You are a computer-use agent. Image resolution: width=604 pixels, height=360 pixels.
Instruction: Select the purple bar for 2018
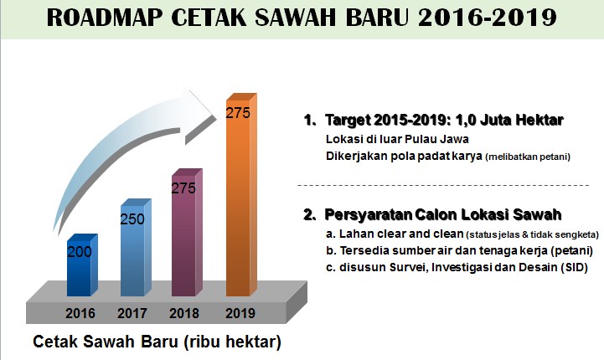click(x=185, y=243)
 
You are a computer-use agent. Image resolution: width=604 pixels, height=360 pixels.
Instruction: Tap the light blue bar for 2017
click(x=134, y=255)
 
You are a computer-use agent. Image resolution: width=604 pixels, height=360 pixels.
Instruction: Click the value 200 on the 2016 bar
click(x=80, y=251)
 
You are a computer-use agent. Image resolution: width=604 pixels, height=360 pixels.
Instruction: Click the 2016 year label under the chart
click(x=80, y=314)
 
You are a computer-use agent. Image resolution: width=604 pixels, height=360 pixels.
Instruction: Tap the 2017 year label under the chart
click(x=132, y=314)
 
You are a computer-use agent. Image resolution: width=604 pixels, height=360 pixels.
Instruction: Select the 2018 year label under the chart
click(x=185, y=314)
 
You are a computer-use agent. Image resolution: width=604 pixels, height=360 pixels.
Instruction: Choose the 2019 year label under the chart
click(x=238, y=314)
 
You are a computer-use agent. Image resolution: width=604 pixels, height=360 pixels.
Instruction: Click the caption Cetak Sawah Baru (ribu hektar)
click(x=157, y=342)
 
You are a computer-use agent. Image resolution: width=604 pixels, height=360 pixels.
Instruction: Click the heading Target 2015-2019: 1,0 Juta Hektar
click(x=443, y=121)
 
